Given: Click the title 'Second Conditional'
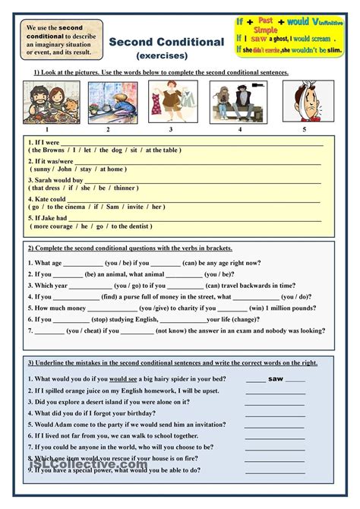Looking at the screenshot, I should click(x=166, y=42).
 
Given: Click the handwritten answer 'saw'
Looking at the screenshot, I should click(x=276, y=378).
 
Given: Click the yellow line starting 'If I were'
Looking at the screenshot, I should click(x=175, y=142).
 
